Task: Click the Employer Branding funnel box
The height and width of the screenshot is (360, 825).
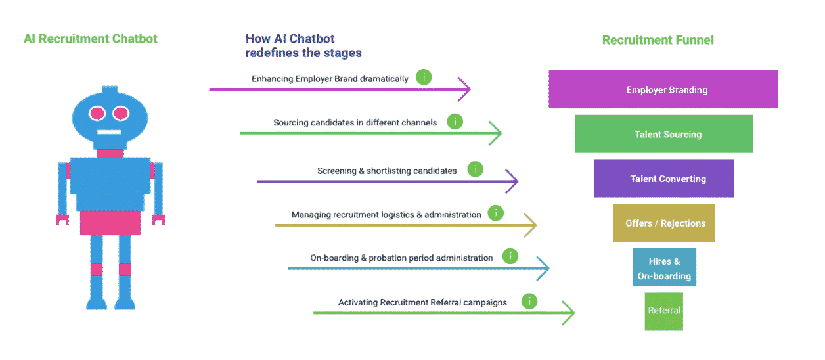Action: pyautogui.click(x=663, y=89)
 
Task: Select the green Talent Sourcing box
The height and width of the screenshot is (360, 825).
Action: pyautogui.click(x=663, y=134)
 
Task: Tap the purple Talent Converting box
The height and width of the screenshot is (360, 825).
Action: pyautogui.click(x=663, y=178)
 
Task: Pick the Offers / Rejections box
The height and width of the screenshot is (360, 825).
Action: pyautogui.click(x=663, y=223)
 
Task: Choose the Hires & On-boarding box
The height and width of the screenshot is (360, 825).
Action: pyautogui.click(x=664, y=267)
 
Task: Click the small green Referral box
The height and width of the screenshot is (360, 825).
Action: pyautogui.click(x=663, y=311)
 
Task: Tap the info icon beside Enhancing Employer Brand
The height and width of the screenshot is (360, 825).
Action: pyautogui.click(x=424, y=77)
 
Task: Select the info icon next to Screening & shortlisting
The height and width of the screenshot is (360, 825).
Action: pyautogui.click(x=475, y=169)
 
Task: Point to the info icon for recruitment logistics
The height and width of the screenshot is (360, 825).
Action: pyautogui.click(x=496, y=213)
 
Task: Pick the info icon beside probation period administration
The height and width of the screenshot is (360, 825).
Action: pyautogui.click(x=510, y=256)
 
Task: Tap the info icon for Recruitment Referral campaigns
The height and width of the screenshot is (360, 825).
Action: pyautogui.click(x=529, y=301)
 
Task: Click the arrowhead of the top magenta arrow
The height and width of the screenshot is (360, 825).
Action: pyautogui.click(x=464, y=89)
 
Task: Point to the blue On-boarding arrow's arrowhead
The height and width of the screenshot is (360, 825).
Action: pyautogui.click(x=543, y=268)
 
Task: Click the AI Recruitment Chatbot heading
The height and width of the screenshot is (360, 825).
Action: pyautogui.click(x=91, y=39)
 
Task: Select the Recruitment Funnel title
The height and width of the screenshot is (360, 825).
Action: pyautogui.click(x=658, y=40)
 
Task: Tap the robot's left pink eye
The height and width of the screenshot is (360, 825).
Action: pyautogui.click(x=97, y=113)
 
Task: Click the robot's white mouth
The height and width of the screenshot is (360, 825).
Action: pyautogui.click(x=109, y=132)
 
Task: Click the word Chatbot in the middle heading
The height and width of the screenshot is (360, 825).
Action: pyautogui.click(x=312, y=39)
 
